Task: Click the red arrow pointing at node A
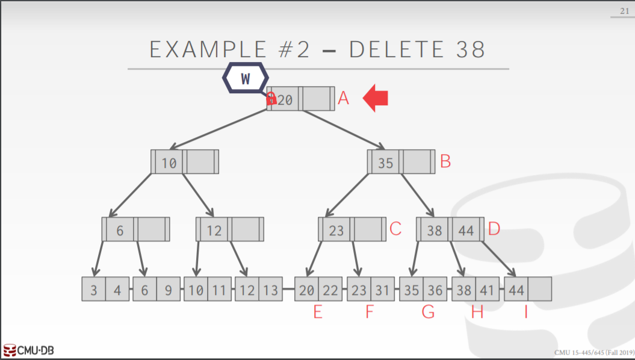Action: [x=376, y=99]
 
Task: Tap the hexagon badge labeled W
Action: [x=246, y=78]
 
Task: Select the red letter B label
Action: [x=445, y=161]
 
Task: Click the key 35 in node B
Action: [x=385, y=163]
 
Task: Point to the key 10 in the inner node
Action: [x=169, y=163]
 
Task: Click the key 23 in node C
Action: [x=336, y=230]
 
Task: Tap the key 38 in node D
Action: [x=434, y=230]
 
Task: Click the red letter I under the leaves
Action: [x=525, y=312]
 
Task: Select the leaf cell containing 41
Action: [x=487, y=290]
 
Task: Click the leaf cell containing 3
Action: [x=94, y=290]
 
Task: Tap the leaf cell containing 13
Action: [x=271, y=290]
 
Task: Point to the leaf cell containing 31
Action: [x=382, y=290]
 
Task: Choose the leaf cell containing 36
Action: [x=435, y=290]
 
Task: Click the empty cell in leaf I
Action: [x=540, y=290]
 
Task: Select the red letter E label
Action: [x=317, y=312]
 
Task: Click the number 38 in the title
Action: [x=470, y=49]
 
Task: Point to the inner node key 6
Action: [x=120, y=230]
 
